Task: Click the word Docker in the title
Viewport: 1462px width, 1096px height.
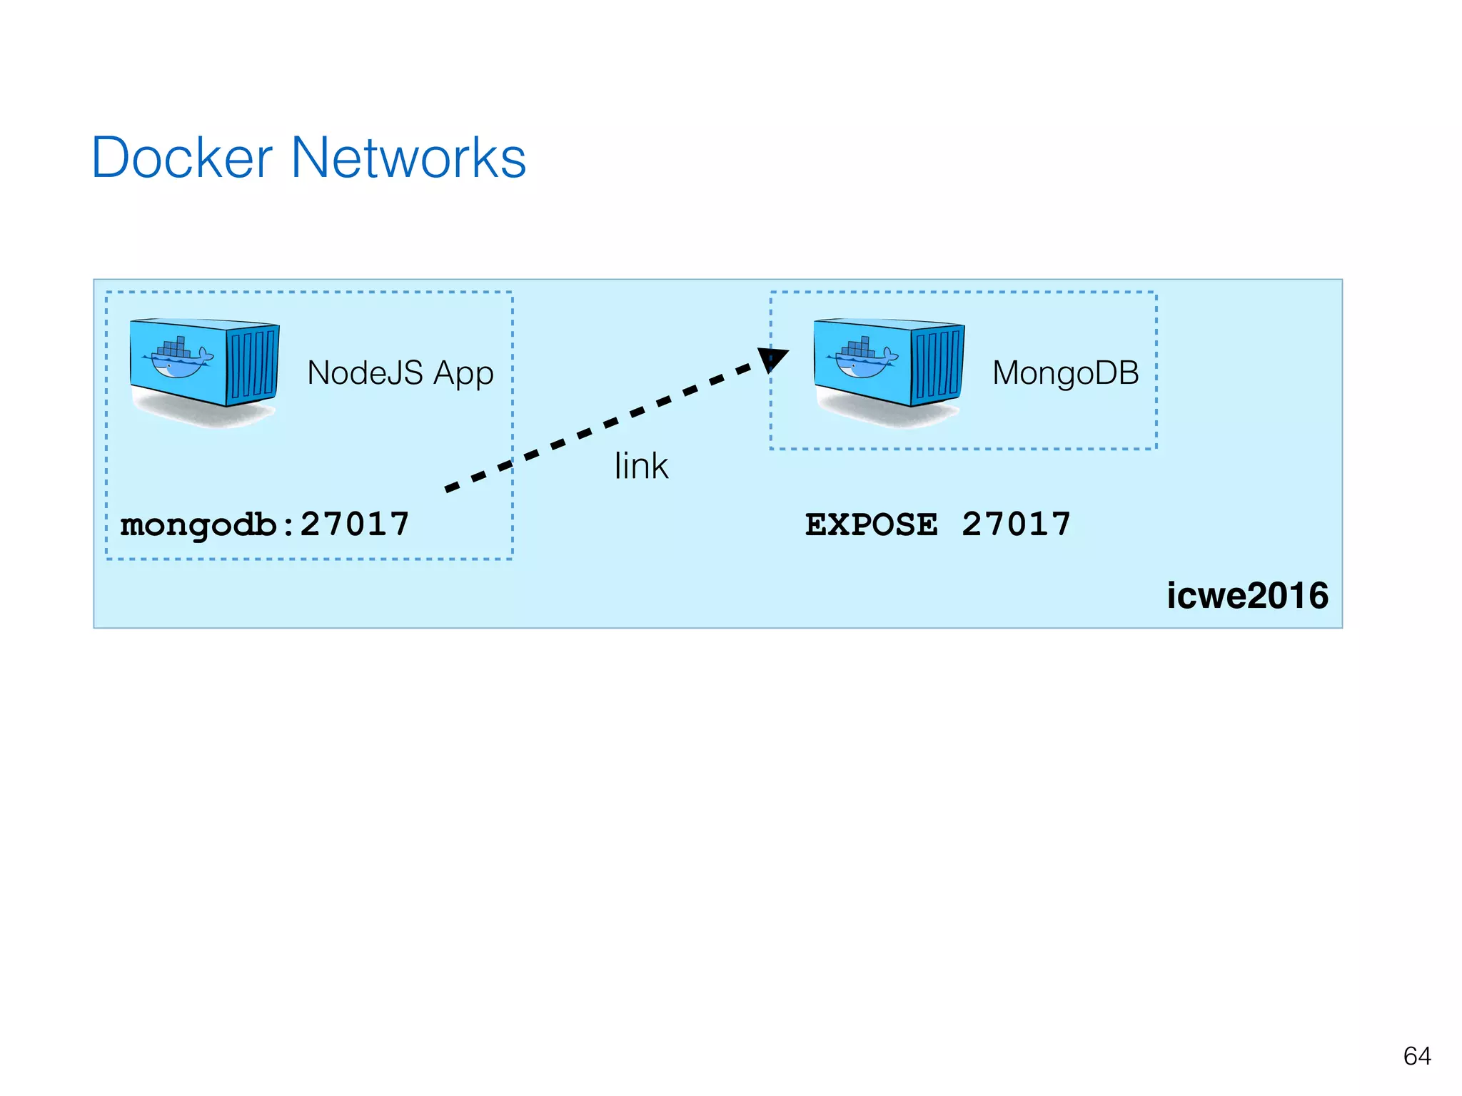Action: point(182,158)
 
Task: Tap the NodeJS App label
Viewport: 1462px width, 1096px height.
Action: point(400,373)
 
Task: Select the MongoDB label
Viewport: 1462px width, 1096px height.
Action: point(1065,373)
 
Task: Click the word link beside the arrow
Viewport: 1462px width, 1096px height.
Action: point(640,467)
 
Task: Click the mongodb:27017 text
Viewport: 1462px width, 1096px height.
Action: point(265,524)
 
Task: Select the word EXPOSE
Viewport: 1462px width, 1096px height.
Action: point(871,524)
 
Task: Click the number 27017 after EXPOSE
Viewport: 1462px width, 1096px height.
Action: point(1016,524)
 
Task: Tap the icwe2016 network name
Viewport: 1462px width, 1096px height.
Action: point(1247,596)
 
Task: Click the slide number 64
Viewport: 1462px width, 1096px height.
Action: point(1416,1056)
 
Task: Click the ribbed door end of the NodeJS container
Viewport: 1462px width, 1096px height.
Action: point(253,365)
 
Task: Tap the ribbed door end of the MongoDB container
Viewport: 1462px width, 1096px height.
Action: point(937,365)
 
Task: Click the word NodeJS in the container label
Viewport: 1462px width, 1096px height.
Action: point(365,373)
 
